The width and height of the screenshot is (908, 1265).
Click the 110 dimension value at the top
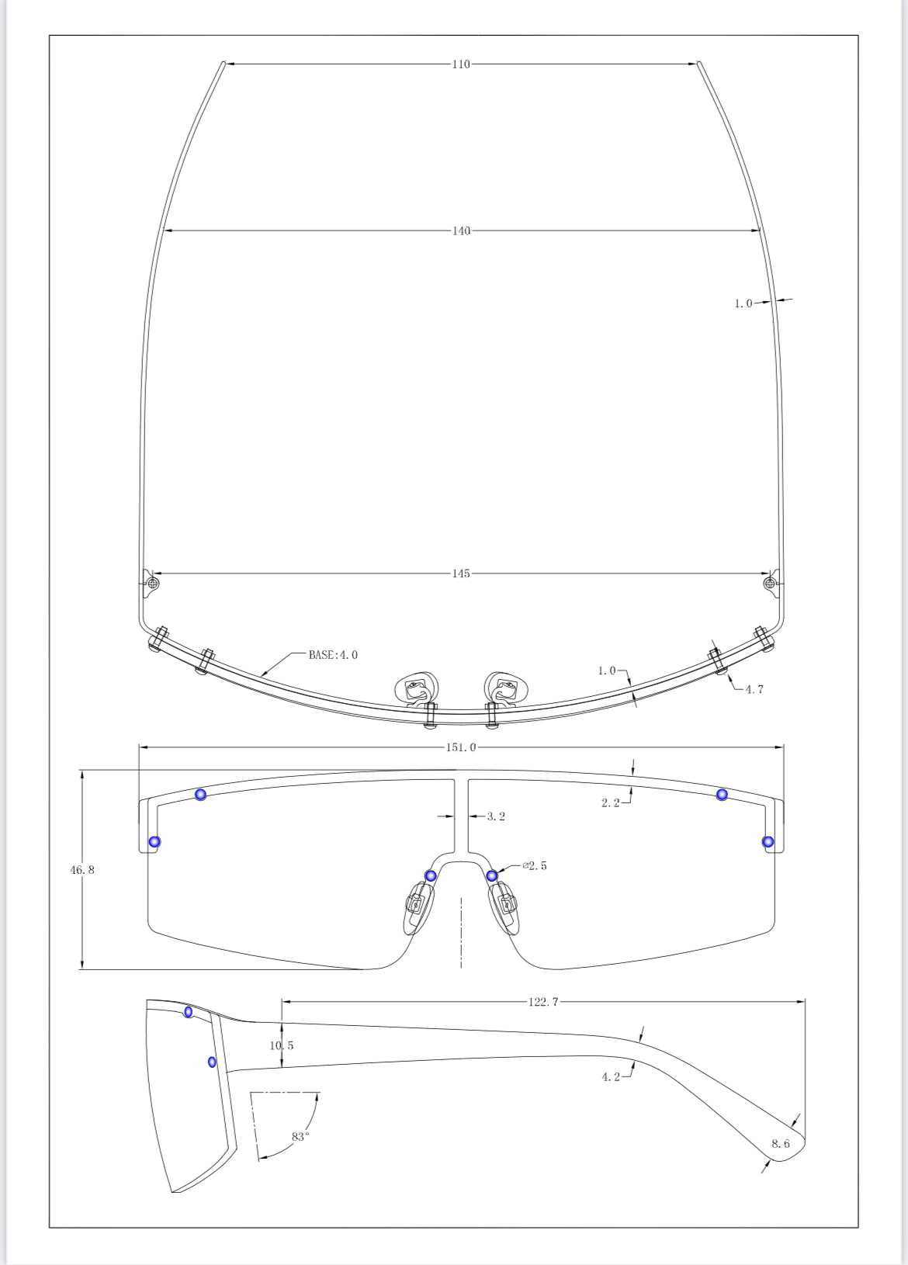pos(461,64)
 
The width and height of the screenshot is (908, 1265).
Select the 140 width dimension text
pos(461,231)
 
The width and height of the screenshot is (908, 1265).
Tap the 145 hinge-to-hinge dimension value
pos(461,574)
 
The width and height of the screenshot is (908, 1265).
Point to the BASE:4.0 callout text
pos(333,655)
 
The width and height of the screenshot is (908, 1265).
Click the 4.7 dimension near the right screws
pos(754,690)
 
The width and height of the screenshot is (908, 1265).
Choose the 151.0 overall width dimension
pos(461,747)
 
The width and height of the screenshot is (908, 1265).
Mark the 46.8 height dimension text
pos(82,870)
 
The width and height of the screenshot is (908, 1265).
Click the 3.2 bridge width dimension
pos(496,816)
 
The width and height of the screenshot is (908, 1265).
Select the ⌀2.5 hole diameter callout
pos(535,866)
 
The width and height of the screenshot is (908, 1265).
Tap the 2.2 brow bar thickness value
pos(611,803)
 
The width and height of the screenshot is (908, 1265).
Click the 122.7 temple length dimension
pos(543,1002)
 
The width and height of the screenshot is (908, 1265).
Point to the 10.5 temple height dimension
pos(282,1045)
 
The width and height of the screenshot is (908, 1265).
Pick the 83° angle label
pos(300,1136)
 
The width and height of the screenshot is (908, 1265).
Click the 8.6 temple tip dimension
pos(781,1144)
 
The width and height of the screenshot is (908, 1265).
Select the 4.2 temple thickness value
pos(611,1077)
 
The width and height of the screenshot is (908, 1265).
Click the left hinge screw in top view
pos(153,583)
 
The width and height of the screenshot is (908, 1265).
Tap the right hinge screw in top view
pos(770,583)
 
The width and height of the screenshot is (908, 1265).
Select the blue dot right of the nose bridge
pos(492,876)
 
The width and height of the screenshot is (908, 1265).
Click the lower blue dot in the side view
pos(212,1062)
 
